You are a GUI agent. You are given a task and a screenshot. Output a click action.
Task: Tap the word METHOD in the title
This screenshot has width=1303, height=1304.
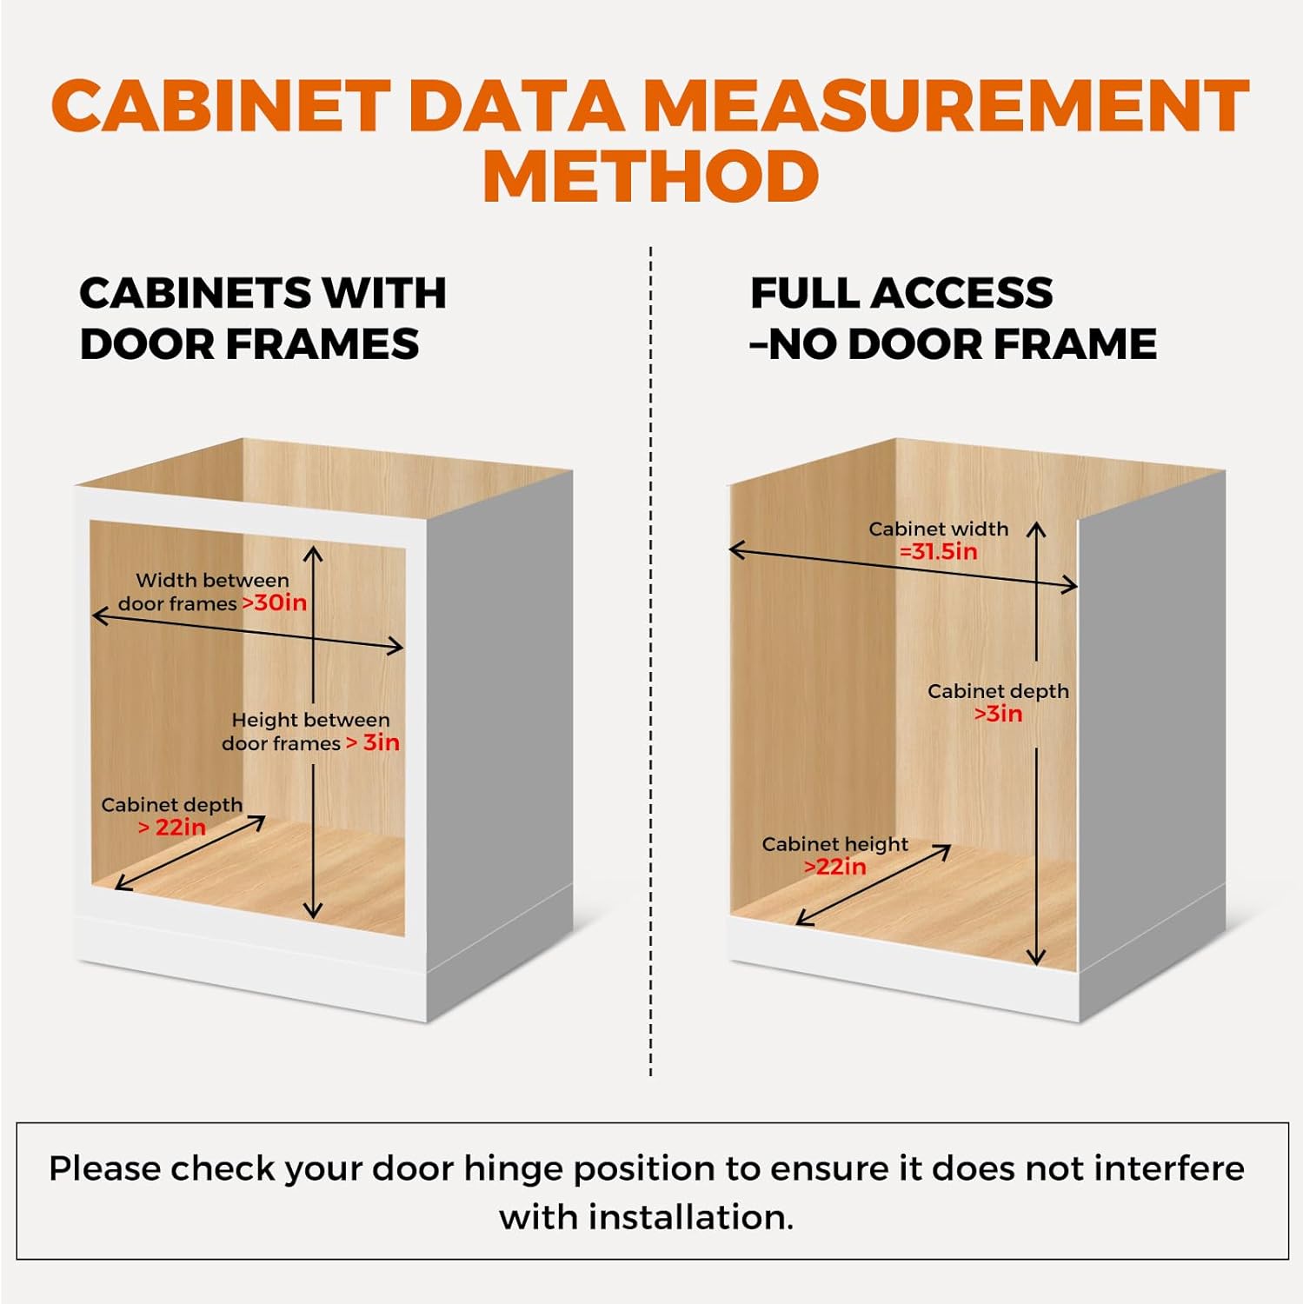[x=650, y=176]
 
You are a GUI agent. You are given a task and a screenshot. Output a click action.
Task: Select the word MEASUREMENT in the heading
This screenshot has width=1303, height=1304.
[x=946, y=106]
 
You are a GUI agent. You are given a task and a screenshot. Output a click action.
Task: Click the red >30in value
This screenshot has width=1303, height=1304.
[x=275, y=602]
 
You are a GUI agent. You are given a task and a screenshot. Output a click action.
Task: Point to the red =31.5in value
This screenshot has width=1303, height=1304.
[x=938, y=551]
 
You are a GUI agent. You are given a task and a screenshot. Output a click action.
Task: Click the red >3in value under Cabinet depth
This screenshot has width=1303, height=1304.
[x=998, y=714]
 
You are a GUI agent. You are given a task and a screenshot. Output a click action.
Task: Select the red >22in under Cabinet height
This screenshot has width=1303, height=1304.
[x=834, y=867]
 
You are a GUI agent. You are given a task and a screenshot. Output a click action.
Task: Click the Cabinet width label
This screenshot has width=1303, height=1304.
[x=938, y=529]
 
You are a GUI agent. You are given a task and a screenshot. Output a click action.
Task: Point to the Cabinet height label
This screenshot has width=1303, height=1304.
[x=834, y=844]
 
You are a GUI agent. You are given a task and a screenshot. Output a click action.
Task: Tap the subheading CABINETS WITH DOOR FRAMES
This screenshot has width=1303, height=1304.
[x=263, y=318]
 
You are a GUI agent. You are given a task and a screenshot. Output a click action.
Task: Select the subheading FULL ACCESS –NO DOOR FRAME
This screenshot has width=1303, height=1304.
[x=953, y=318]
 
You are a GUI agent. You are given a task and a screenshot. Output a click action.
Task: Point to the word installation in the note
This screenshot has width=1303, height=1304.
[x=691, y=1217]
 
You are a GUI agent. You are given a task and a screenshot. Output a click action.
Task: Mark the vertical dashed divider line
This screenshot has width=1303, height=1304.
[x=650, y=661]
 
